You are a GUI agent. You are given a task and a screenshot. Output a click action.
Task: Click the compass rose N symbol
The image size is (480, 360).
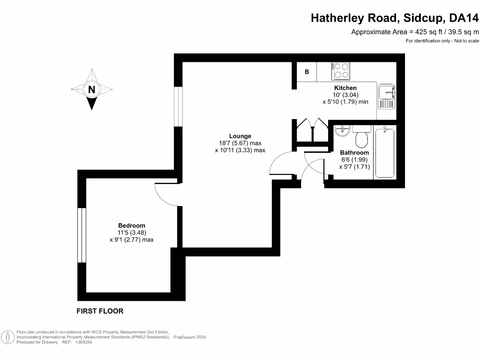(x=92, y=89)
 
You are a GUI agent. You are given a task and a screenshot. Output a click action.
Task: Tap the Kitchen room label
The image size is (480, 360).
(x=345, y=88)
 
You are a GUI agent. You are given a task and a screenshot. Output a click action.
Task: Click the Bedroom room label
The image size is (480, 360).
(x=131, y=225)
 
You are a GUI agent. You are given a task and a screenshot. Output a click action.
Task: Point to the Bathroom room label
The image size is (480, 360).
(x=354, y=153)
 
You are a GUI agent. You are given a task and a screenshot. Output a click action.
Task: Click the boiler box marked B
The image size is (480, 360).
(x=307, y=72)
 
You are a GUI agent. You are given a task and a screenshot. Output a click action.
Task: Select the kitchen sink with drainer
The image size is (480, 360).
(x=387, y=97)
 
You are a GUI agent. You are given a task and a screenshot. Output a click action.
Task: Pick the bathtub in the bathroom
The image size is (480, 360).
(x=385, y=151)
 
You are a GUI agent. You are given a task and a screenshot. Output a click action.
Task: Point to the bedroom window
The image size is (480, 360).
(x=82, y=234)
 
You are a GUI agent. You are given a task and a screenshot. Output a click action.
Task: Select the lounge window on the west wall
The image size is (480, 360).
(x=178, y=106)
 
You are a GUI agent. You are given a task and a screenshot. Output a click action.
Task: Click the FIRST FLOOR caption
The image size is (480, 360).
(x=100, y=311)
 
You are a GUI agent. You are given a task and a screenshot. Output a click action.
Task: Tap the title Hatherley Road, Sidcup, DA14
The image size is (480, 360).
(x=395, y=18)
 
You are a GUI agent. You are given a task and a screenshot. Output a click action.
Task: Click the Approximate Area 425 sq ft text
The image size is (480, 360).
(x=415, y=32)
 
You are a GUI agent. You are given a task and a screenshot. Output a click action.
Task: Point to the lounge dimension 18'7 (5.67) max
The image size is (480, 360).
(x=240, y=143)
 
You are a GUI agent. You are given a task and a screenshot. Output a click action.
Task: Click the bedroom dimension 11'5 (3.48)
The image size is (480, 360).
(x=131, y=232)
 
